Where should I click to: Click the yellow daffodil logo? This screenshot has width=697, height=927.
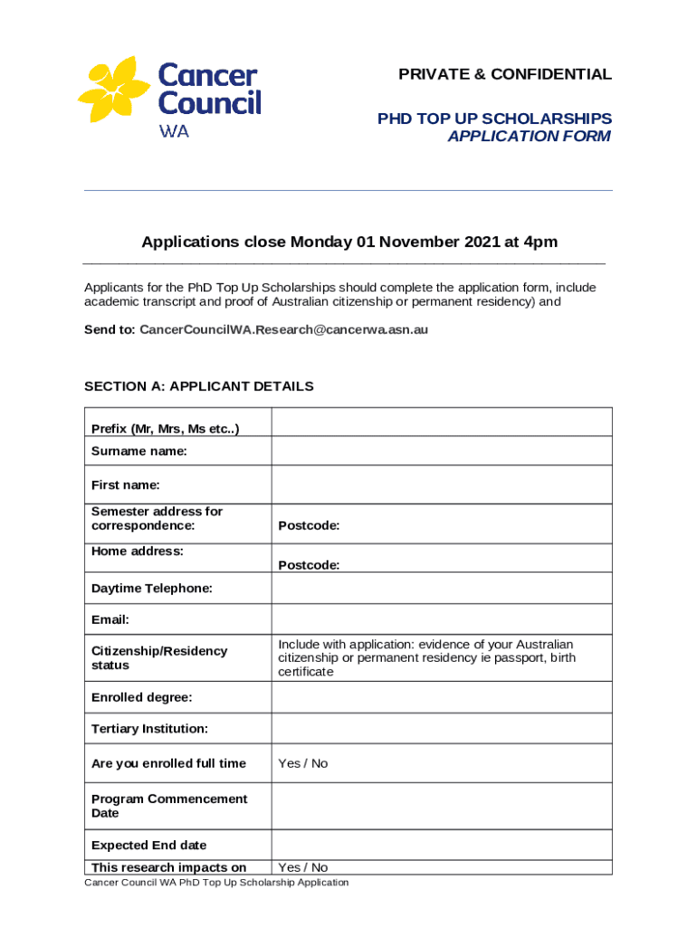115,91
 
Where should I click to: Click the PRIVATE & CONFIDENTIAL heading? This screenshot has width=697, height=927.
505,74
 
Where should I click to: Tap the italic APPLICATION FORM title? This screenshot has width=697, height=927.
530,136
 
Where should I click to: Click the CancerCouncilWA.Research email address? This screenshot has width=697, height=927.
283,330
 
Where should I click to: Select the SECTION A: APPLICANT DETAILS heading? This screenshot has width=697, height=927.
199,387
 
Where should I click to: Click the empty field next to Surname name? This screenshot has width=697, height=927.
442,451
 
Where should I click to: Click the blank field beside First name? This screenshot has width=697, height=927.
442,485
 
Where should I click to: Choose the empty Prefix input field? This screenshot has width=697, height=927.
442,422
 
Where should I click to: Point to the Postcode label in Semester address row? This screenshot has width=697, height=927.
309,526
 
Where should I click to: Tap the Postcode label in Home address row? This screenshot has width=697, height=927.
309,565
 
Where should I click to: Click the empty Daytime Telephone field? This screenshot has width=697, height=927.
442,588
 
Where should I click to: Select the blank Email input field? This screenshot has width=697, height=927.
442,619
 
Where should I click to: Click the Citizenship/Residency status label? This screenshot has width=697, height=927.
159,658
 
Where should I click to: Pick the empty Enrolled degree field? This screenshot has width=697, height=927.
442,698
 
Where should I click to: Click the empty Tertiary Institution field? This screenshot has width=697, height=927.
442,729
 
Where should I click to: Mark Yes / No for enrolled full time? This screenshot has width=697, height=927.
303,763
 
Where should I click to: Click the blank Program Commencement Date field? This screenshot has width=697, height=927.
442,806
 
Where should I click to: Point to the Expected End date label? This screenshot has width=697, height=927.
148,846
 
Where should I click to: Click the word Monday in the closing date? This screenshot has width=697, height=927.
320,242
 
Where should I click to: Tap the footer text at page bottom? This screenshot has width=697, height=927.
216,883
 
